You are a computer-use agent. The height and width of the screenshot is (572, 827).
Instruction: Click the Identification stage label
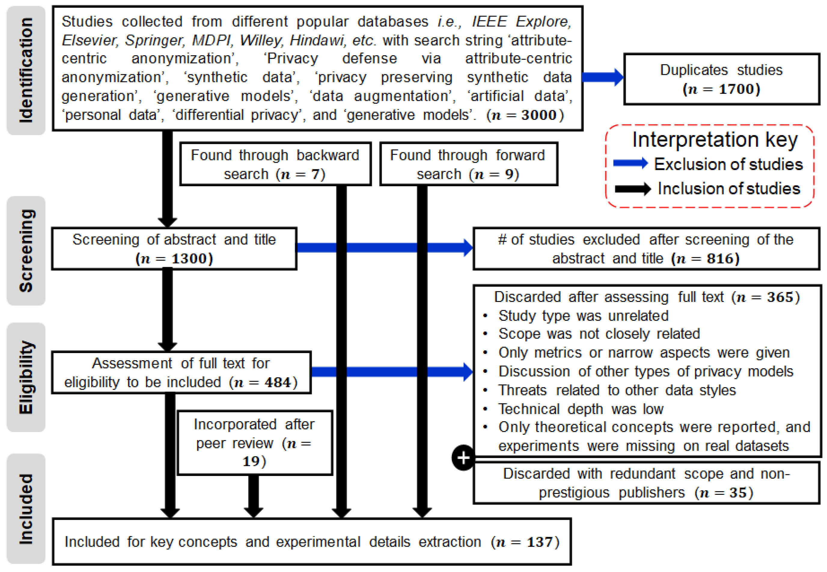[x=26, y=70]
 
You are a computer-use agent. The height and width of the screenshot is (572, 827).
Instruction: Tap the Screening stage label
[x=26, y=251]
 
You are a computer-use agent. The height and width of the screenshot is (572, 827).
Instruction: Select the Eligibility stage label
[x=26, y=377]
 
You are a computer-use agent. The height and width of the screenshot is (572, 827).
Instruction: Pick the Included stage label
[x=26, y=509]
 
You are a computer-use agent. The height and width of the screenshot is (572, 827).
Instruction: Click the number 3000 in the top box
[x=539, y=115]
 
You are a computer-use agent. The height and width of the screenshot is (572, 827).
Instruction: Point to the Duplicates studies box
[x=721, y=79]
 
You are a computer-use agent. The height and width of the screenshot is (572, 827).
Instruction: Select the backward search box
[x=275, y=164]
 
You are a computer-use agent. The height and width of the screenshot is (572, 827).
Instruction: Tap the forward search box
[x=468, y=164]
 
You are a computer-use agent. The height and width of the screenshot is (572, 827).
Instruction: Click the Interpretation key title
[x=715, y=139]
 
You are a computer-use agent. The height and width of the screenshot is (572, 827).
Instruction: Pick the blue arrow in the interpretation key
[x=630, y=163]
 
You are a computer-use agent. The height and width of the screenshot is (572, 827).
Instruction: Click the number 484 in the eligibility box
[x=278, y=382]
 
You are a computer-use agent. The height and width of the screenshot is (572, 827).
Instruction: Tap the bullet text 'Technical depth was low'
[x=581, y=409]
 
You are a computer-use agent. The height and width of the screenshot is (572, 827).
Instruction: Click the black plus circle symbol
[x=463, y=457]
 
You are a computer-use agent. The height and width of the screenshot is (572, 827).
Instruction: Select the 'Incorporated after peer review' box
[x=255, y=443]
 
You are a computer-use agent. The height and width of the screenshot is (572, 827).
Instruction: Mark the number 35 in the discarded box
[x=738, y=493]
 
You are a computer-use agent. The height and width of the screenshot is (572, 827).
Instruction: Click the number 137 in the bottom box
[x=539, y=542]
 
